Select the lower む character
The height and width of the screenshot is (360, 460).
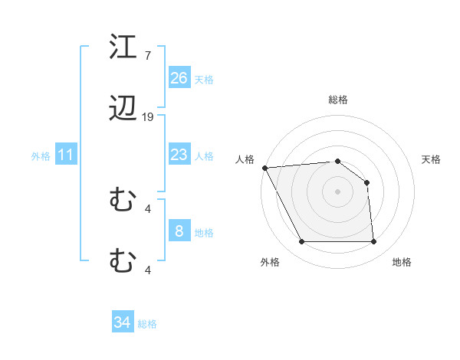click(x=123, y=261)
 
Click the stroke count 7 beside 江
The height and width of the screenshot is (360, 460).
click(x=147, y=55)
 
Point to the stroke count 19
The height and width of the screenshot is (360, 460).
click(x=148, y=117)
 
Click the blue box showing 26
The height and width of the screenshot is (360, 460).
click(x=179, y=78)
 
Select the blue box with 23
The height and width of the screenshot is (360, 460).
click(x=179, y=155)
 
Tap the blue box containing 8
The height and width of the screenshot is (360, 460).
click(x=179, y=231)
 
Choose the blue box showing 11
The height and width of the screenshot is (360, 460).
click(x=66, y=155)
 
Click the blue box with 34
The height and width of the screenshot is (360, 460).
click(x=122, y=322)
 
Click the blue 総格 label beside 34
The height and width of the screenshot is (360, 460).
click(x=147, y=324)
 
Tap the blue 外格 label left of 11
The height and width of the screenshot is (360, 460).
click(x=41, y=156)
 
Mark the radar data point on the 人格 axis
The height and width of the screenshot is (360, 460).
click(x=264, y=168)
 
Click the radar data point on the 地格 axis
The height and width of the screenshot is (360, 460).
click(x=373, y=242)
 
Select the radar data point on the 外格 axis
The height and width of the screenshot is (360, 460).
click(x=301, y=242)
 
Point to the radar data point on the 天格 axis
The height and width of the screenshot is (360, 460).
click(x=367, y=182)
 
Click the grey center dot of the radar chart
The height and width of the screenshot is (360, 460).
click(x=337, y=191)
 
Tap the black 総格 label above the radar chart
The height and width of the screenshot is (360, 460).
click(x=337, y=100)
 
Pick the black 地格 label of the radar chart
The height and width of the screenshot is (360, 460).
click(x=402, y=262)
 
